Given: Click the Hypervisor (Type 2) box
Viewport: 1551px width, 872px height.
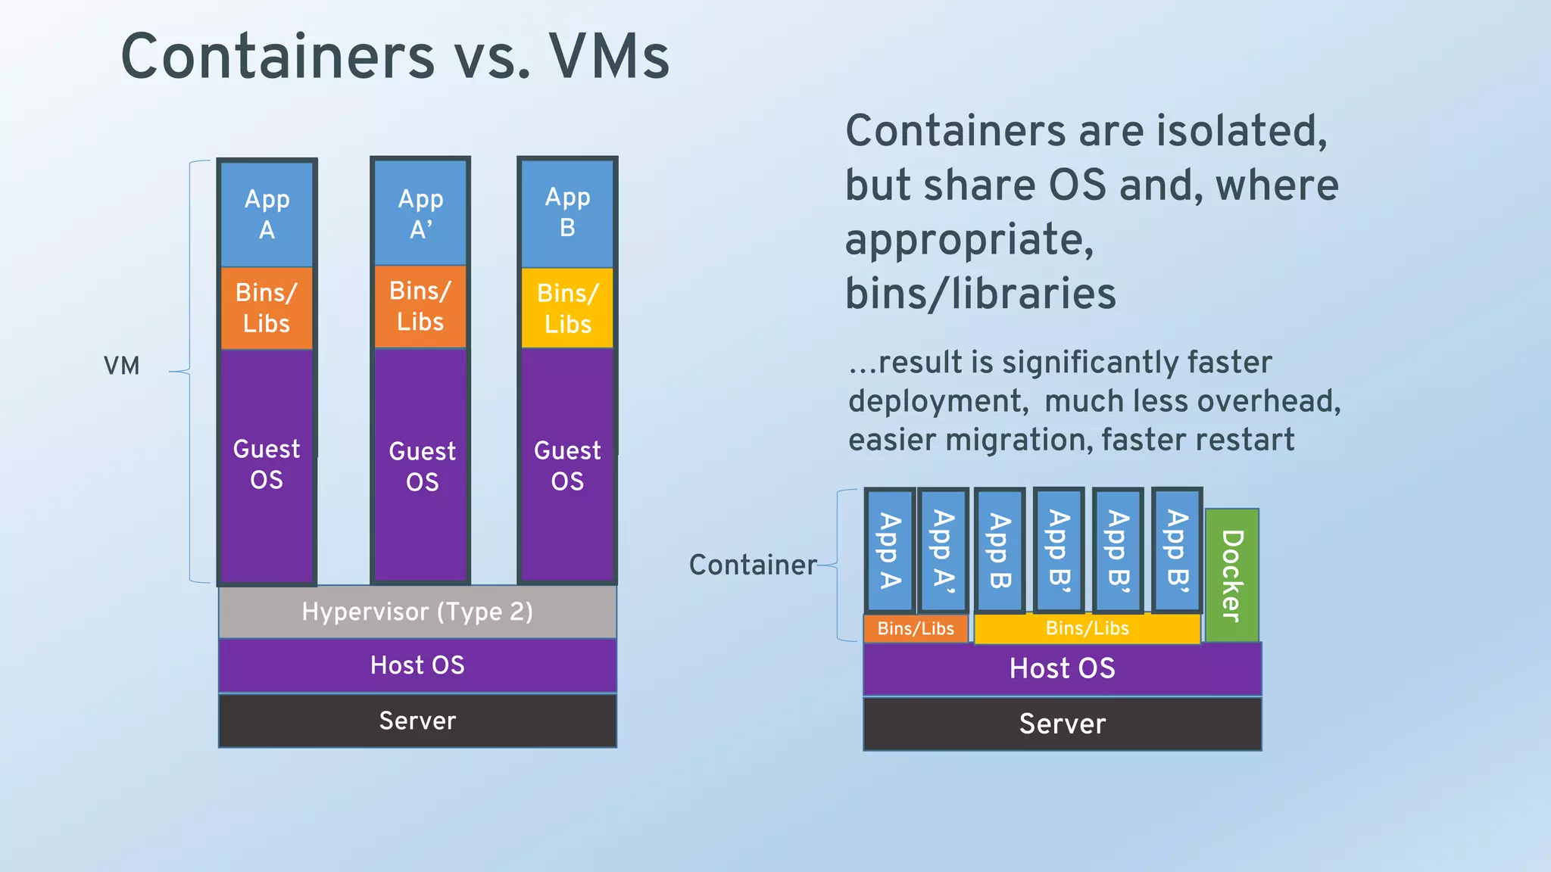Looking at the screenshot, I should [417, 612].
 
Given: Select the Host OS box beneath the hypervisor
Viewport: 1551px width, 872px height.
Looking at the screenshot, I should [417, 665].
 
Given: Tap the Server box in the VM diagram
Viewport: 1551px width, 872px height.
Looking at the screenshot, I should [417, 721].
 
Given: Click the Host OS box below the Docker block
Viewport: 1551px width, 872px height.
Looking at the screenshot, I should [1062, 668].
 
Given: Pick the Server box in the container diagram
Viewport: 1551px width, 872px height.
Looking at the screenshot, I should [1062, 724].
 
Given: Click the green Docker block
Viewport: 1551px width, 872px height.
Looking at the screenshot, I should [1231, 575].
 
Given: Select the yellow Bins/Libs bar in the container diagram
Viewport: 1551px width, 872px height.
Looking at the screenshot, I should [1087, 628].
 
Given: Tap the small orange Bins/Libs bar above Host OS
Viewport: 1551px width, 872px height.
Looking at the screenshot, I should [916, 628].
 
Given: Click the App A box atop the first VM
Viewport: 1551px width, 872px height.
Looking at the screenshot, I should [267, 213].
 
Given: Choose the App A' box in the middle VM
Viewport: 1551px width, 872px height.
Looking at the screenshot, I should [420, 213].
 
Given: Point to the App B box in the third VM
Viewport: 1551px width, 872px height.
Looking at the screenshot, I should [567, 212].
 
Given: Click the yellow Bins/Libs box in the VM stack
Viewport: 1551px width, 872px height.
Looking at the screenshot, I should [567, 308].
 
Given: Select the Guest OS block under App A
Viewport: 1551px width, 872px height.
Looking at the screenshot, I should [267, 464].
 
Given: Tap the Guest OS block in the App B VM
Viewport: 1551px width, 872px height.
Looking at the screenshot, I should [567, 466].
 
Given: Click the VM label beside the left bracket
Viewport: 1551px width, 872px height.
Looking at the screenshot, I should [122, 366].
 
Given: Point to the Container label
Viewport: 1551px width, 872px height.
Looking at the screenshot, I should [753, 565].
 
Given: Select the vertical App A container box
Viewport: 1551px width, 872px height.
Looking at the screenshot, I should [890, 550].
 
